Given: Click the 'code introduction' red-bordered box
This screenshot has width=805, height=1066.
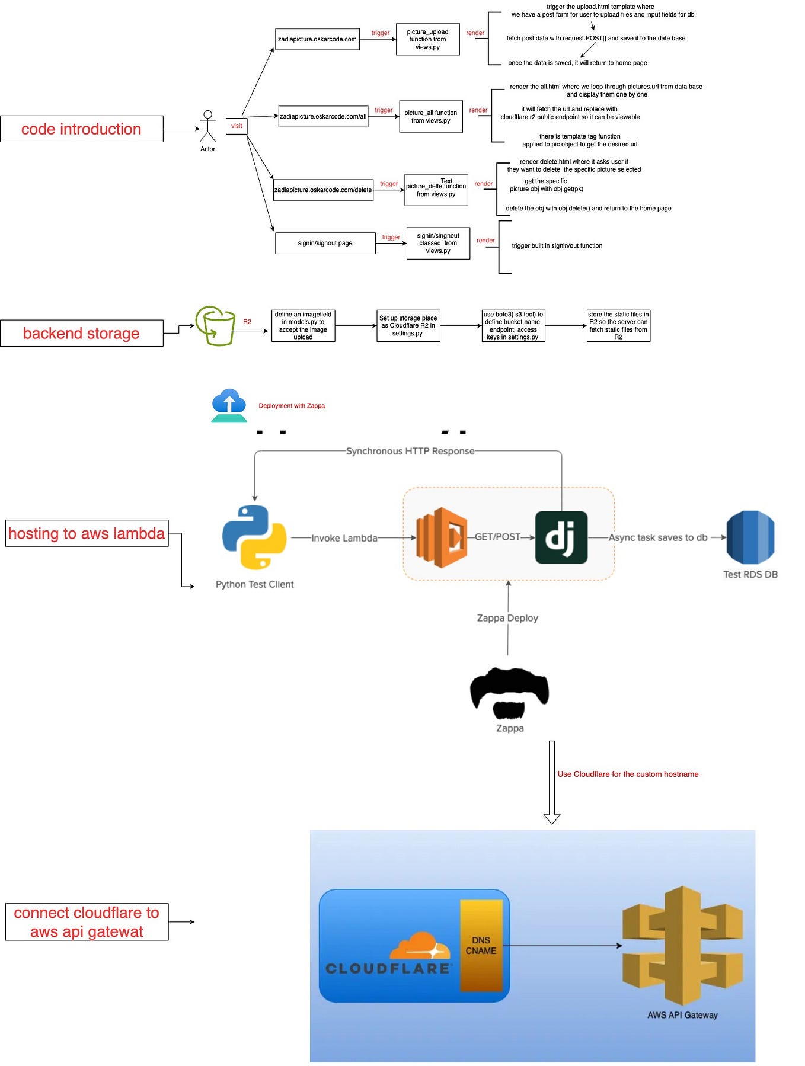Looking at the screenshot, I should click(82, 129).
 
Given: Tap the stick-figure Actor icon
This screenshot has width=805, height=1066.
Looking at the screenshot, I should click(207, 126).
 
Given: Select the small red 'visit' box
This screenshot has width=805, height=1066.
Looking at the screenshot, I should click(237, 126).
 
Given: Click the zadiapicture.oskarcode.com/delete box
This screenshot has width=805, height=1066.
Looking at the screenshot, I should click(323, 190).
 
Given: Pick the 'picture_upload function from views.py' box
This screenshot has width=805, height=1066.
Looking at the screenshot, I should click(427, 40).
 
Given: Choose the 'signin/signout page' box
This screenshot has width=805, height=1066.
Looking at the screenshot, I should click(325, 243).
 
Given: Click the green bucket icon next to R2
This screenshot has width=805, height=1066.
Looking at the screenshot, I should click(216, 326).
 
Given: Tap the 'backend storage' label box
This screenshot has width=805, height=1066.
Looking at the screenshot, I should click(82, 334).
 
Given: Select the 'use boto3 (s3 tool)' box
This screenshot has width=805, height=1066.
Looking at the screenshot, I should click(513, 326).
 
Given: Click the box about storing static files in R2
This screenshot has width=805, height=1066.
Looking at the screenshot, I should click(618, 326).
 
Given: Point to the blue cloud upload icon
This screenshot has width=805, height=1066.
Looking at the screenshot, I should click(229, 405).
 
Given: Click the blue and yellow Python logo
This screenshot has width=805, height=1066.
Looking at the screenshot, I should click(254, 537).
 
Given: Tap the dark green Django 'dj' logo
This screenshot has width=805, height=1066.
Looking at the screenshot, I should click(561, 537).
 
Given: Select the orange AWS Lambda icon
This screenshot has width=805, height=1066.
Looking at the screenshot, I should click(442, 537).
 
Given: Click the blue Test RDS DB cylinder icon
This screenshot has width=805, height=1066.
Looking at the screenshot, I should click(750, 537).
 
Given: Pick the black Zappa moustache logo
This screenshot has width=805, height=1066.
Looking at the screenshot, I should click(509, 692).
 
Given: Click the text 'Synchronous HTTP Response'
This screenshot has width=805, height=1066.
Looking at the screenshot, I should click(410, 452).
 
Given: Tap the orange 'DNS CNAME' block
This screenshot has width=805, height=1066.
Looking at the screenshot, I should click(481, 946).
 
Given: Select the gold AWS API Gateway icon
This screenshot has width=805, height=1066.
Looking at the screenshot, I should click(682, 946).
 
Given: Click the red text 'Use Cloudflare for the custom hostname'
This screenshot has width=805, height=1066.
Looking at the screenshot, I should click(628, 774).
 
